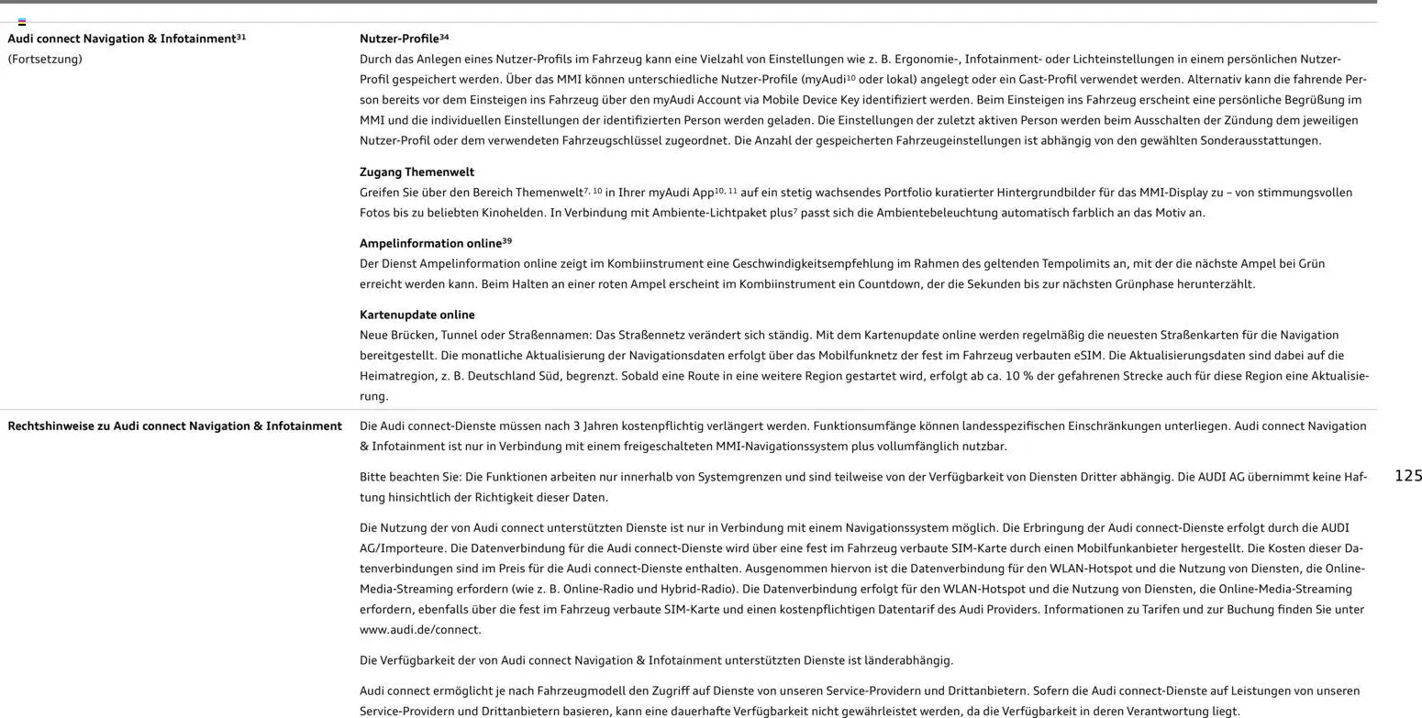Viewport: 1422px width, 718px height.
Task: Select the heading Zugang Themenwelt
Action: pos(417,172)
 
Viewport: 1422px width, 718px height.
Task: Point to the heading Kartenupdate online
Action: pos(417,315)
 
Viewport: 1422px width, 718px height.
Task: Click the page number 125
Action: pos(1407,475)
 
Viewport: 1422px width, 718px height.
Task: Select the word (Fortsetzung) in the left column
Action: pos(45,60)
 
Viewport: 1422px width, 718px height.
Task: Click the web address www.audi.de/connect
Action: pos(420,630)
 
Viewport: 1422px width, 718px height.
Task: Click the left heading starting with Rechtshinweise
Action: pos(174,426)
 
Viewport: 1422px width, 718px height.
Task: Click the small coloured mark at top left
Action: pos(22,21)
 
